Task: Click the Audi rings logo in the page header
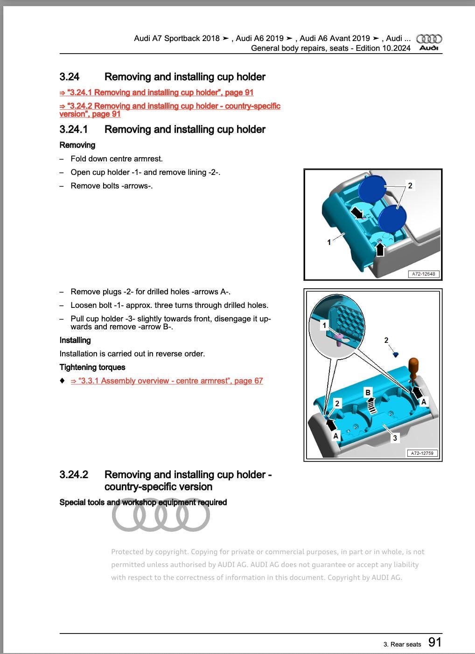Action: click(428, 39)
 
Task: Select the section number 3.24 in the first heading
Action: click(70, 77)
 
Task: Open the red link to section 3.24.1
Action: click(156, 92)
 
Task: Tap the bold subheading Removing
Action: click(77, 145)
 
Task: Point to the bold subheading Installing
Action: click(75, 340)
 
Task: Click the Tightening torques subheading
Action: click(92, 367)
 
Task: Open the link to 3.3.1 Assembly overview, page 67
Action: click(167, 381)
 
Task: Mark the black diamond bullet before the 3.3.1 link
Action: click(63, 381)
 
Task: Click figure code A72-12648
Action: click(424, 274)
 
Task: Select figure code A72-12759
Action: click(422, 453)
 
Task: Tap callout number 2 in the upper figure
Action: click(410, 186)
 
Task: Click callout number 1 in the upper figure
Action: click(329, 242)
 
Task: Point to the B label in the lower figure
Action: click(368, 392)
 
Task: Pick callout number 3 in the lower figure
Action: click(395, 438)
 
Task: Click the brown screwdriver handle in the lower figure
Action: click(413, 368)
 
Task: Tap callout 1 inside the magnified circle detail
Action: click(324, 325)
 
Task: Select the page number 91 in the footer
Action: click(434, 642)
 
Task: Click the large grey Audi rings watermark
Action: click(161, 516)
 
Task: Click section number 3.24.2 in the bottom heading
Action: click(74, 475)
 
